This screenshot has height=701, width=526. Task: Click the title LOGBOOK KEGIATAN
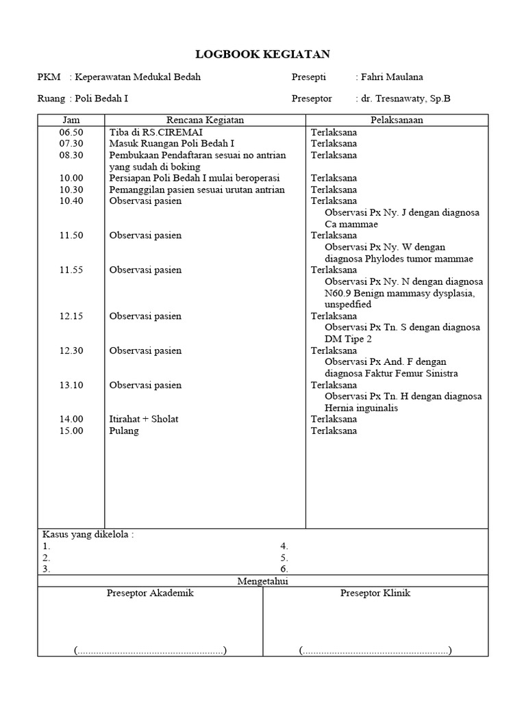[x=263, y=54]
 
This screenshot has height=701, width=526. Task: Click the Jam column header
[x=71, y=120]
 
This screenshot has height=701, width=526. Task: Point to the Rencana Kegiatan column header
[x=205, y=120]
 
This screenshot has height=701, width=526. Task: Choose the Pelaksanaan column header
[x=397, y=120]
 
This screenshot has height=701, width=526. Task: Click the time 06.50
[x=71, y=132]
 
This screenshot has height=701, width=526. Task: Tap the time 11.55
[x=71, y=270]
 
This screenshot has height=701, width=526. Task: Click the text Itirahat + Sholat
[x=144, y=419]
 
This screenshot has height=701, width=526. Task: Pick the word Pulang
[x=124, y=431]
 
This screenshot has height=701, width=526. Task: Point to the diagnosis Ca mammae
[x=351, y=224]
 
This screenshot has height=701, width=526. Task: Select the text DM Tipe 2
[x=349, y=339]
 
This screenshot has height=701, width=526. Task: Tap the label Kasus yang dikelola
[x=88, y=535]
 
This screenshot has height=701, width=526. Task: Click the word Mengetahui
[x=263, y=581]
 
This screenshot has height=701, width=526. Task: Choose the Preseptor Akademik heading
[x=150, y=593]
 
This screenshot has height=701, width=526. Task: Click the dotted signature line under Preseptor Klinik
[x=375, y=650]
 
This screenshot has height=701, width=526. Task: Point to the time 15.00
[x=71, y=431]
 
